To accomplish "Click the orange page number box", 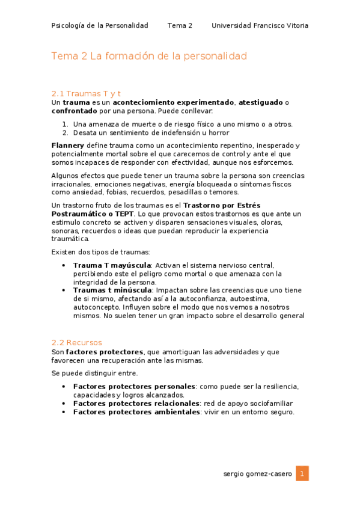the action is click(x=302, y=473).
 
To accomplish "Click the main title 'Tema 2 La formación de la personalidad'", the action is click(x=149, y=57).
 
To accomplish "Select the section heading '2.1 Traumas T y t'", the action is click(x=87, y=94).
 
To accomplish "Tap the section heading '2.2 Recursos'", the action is click(x=76, y=343).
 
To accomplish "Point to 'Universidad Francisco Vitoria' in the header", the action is click(x=260, y=25).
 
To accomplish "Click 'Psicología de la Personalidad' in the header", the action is click(x=100, y=25).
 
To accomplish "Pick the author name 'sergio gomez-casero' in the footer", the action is click(x=257, y=474).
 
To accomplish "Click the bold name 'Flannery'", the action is click(x=68, y=146).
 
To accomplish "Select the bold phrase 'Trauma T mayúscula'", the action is click(x=112, y=265).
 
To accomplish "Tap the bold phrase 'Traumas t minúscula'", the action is click(x=112, y=290).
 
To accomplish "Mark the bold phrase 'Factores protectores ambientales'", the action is click(x=136, y=412).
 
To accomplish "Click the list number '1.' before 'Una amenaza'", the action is click(x=66, y=124).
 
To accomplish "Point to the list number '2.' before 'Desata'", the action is click(x=66, y=133).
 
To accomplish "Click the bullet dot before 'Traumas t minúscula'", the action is click(x=64, y=290).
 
